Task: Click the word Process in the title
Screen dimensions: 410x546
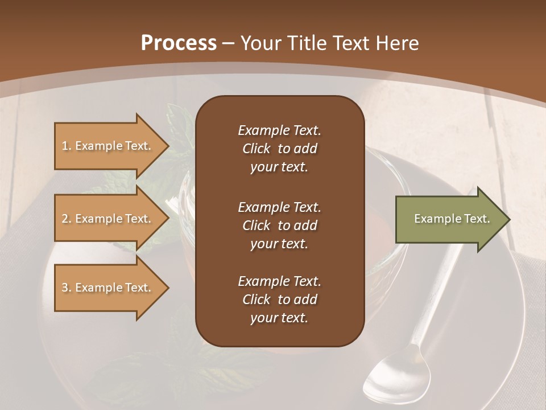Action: (x=179, y=43)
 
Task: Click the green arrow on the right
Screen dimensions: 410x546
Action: (x=449, y=219)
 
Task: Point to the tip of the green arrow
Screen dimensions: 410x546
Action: (x=507, y=219)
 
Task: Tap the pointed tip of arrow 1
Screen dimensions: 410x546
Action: (x=167, y=146)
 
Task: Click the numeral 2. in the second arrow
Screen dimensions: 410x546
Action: (x=67, y=219)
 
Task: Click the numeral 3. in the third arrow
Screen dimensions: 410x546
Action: (x=67, y=288)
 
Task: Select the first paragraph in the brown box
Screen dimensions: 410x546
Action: (x=279, y=149)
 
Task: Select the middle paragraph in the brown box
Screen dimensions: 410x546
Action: (x=279, y=225)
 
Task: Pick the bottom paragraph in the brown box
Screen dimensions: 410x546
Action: (x=279, y=300)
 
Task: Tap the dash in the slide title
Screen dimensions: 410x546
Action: (x=228, y=43)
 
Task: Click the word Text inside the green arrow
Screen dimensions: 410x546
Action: (x=477, y=219)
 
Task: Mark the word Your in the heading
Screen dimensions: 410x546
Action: (x=260, y=43)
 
